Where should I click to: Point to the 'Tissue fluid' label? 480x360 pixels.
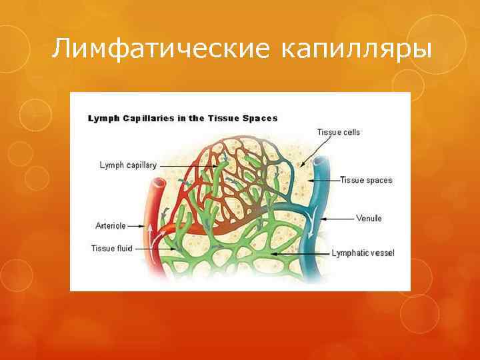click(x=111, y=249)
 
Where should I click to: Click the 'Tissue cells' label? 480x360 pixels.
click(x=338, y=132)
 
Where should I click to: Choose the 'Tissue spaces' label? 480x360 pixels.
click(x=366, y=180)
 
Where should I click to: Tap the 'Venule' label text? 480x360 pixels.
click(x=369, y=219)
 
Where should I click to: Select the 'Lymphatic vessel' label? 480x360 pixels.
click(x=363, y=253)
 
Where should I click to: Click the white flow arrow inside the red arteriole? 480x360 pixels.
click(x=149, y=230)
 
